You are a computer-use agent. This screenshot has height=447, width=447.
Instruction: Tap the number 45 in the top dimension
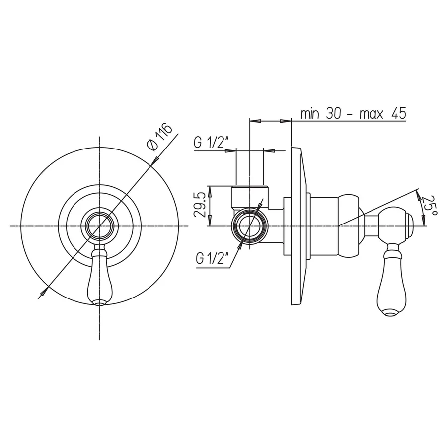[399, 113]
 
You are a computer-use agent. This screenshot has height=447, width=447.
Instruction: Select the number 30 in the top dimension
[334, 113]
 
